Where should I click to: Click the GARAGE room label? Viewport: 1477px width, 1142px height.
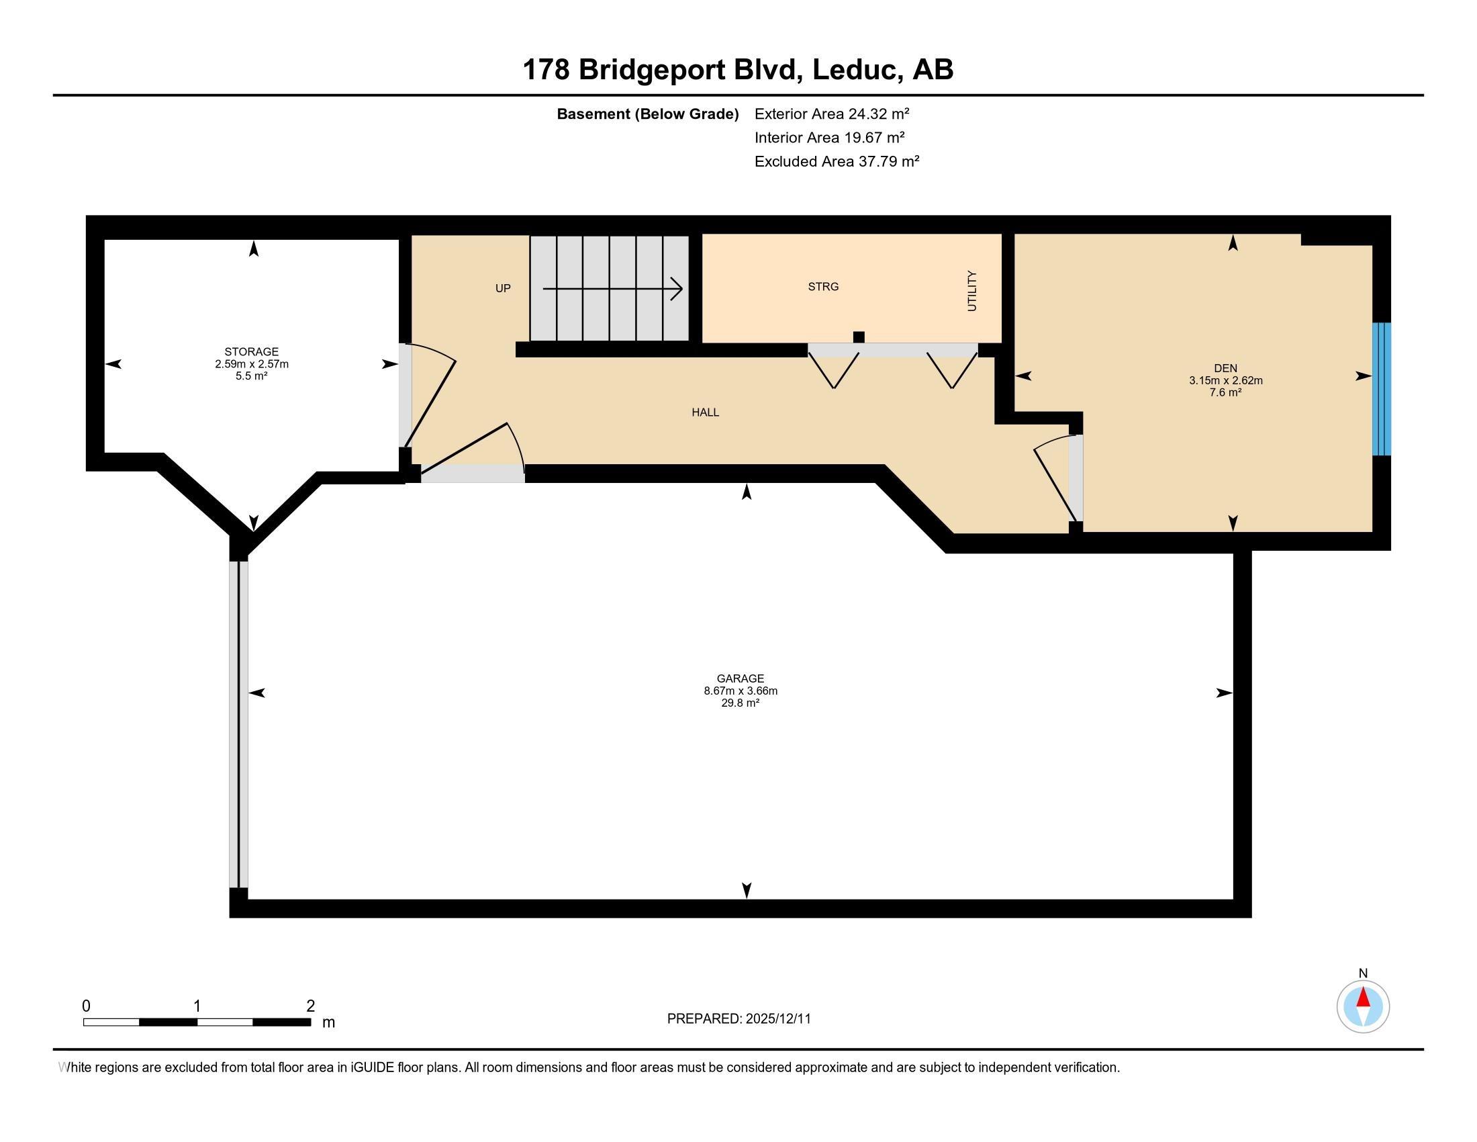740,678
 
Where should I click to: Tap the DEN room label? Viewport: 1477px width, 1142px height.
1225,369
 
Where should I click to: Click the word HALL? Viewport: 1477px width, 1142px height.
705,412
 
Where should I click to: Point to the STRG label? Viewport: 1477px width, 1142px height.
823,287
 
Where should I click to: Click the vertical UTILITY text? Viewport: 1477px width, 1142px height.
972,291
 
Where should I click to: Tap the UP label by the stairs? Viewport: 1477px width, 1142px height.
502,288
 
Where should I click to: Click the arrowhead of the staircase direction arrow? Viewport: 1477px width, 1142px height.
677,290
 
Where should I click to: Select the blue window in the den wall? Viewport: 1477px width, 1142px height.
1381,389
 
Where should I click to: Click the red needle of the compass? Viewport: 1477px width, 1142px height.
1363,998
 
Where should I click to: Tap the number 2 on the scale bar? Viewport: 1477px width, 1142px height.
310,1006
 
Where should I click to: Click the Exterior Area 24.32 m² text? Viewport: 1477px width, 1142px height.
831,114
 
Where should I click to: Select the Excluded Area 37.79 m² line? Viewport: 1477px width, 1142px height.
837,161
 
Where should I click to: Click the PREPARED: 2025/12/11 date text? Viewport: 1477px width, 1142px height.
738,1019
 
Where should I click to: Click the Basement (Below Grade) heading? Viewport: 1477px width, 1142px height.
647,114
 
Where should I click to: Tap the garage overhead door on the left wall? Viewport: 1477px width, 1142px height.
239,724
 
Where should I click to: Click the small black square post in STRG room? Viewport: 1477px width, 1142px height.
859,337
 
